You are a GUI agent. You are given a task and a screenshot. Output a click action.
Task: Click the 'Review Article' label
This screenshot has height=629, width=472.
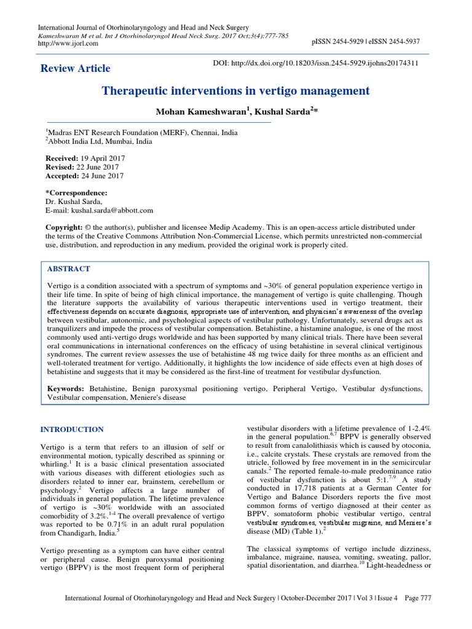point(75,68)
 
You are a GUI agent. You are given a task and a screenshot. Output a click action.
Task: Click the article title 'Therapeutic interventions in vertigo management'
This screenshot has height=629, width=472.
point(235,92)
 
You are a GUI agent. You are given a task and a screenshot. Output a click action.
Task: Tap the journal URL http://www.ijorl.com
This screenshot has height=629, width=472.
point(65,44)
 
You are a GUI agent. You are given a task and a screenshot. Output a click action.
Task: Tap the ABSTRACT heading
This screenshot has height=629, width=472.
point(69,269)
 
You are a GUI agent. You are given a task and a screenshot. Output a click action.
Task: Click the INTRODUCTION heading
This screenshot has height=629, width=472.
point(71,429)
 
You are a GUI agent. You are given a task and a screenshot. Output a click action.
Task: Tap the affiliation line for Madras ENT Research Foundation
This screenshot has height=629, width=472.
point(142,132)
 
